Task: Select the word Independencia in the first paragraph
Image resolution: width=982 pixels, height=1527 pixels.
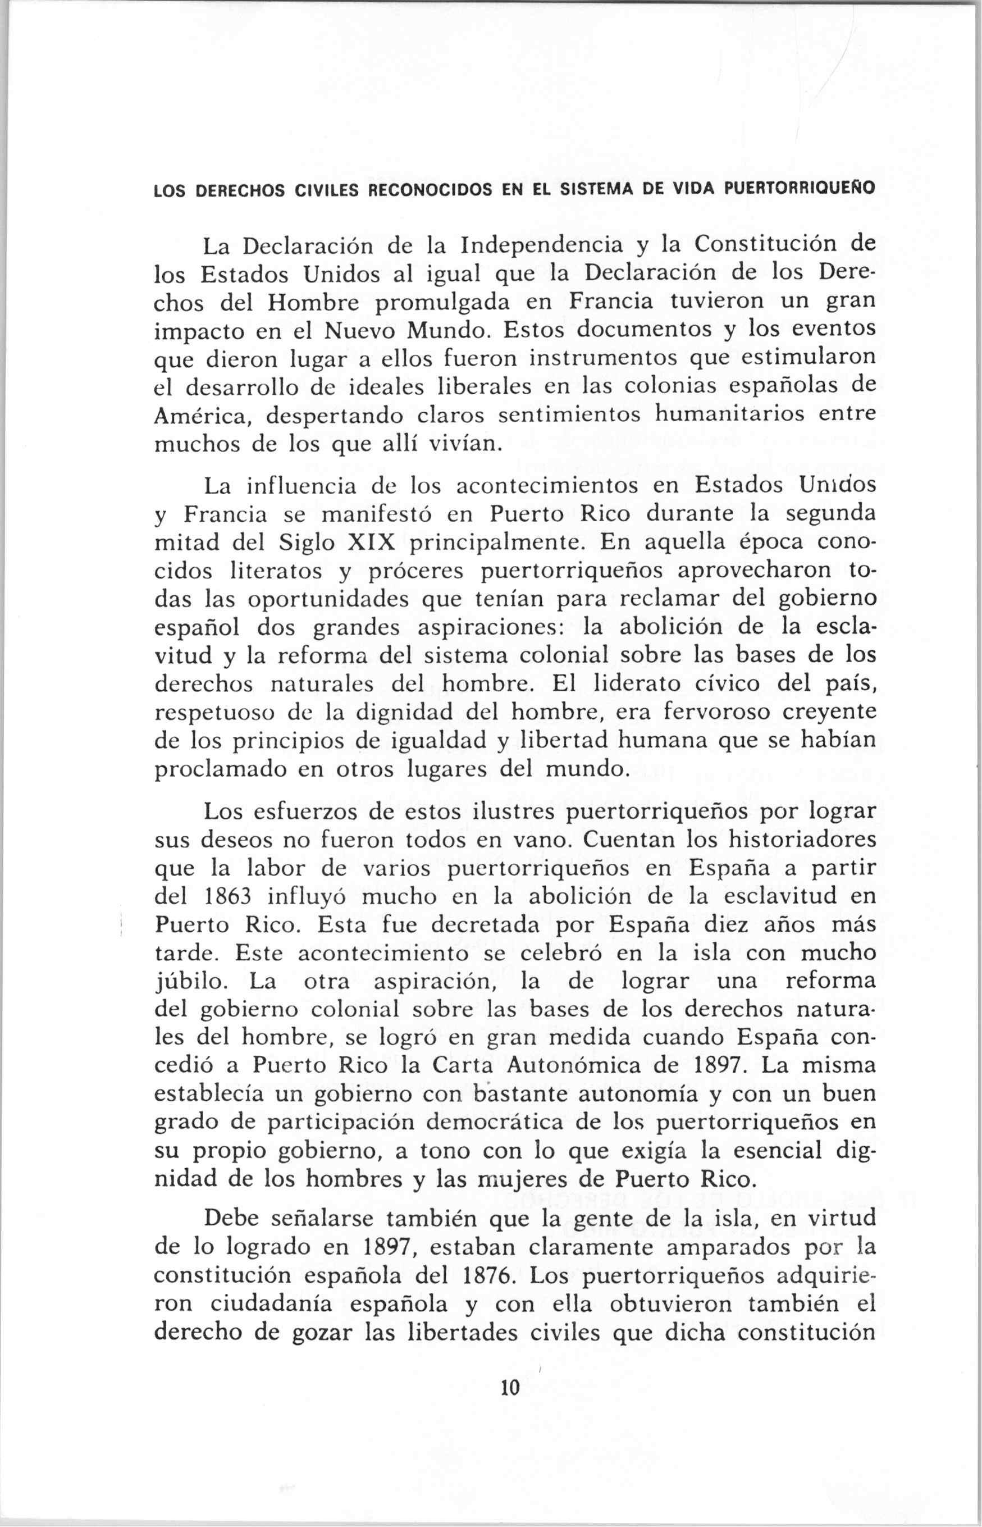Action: click(x=542, y=244)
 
